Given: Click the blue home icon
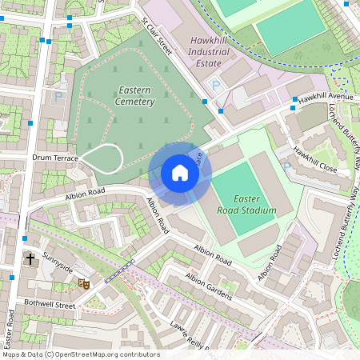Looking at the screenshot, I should pos(180,173).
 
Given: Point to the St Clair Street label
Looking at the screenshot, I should pos(157,35).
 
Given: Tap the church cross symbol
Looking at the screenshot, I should pos(30,259).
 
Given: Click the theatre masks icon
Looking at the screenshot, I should pos(82,282).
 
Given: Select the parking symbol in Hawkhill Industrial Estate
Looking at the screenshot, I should pos(214,85).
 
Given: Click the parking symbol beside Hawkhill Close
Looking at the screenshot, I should pos(287,166).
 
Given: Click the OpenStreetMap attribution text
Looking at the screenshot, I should pos(80,354).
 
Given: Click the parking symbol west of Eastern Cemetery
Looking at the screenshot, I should pos(58,96).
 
